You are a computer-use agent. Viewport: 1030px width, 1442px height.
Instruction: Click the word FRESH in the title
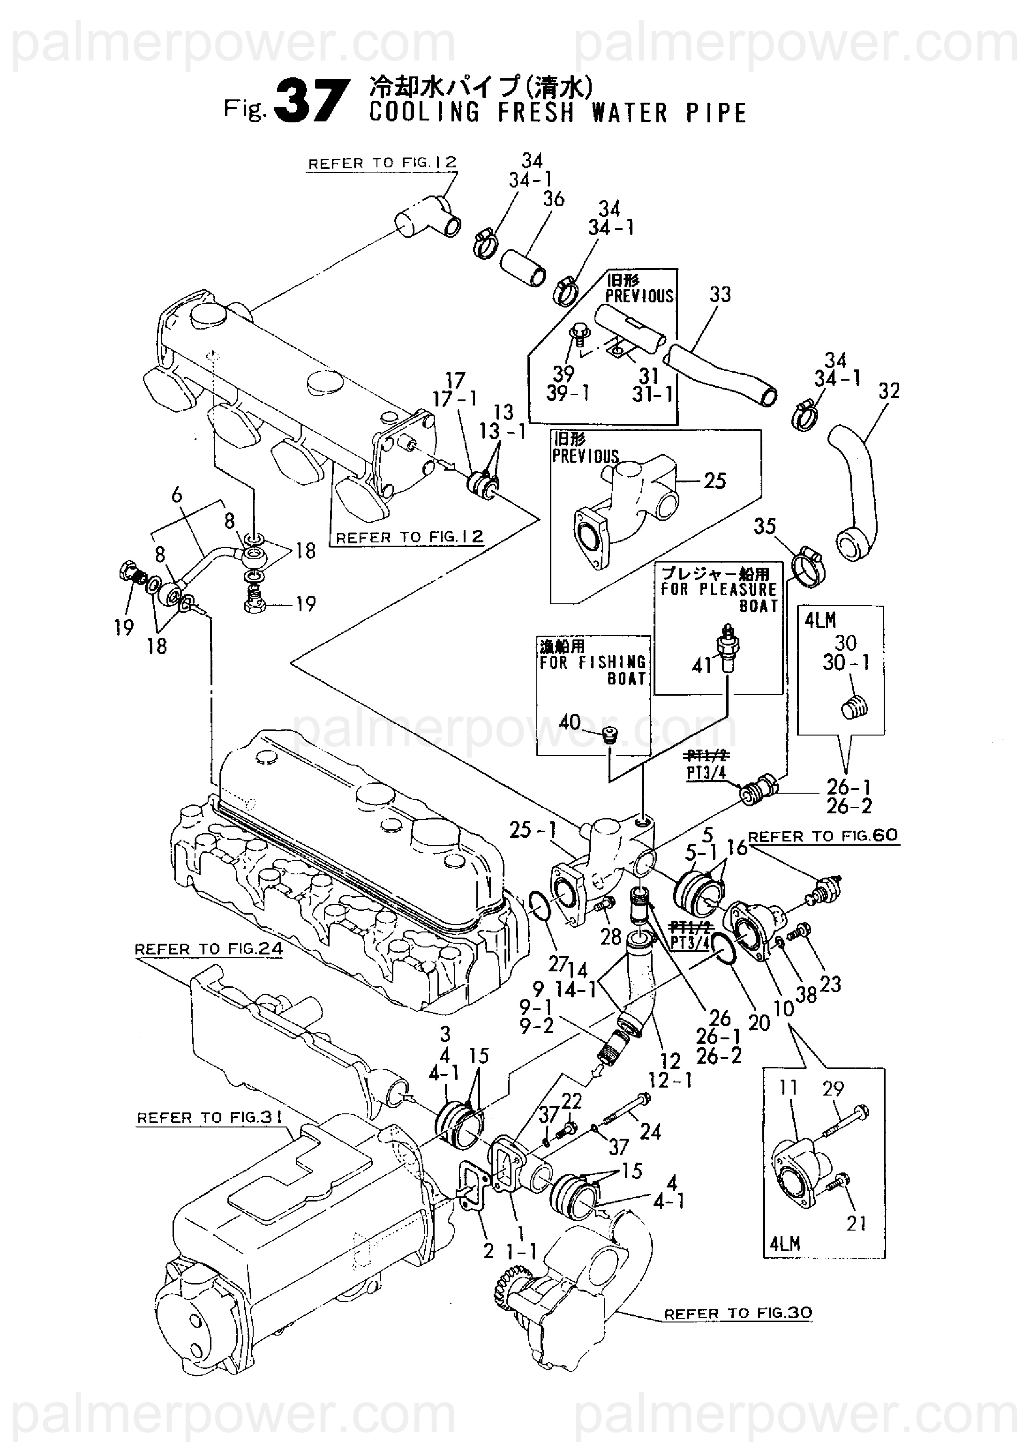pyautogui.click(x=536, y=113)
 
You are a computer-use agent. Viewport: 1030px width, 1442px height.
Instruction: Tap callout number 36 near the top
pyautogui.click(x=553, y=199)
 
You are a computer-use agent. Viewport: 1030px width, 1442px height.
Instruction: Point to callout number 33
pyautogui.click(x=720, y=294)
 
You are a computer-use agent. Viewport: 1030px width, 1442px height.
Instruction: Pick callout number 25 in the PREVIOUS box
pyautogui.click(x=715, y=481)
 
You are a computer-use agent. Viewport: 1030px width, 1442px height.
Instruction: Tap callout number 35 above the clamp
pyautogui.click(x=765, y=526)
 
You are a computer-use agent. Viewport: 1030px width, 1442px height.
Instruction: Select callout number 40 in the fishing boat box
pyautogui.click(x=570, y=722)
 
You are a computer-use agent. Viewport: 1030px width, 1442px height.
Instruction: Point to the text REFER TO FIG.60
pyautogui.click(x=823, y=836)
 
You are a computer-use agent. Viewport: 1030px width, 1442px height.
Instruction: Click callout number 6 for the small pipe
pyautogui.click(x=176, y=495)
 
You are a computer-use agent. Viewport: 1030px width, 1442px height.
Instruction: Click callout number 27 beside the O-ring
pyautogui.click(x=557, y=964)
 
